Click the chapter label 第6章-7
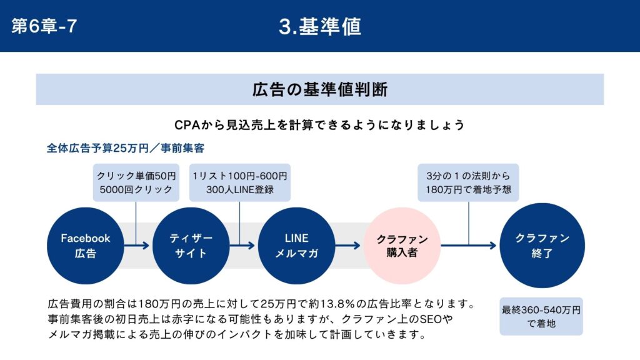pos(44,26)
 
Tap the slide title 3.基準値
pos(320,26)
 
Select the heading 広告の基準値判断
pos(320,90)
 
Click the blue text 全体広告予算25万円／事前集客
pos(126,148)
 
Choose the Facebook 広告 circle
pos(86,246)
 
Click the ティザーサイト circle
pos(191,246)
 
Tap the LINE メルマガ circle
pos(297,246)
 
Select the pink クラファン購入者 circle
pos(402,246)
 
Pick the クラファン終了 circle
pos(542,246)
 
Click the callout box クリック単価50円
pos(136,182)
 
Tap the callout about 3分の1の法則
pos(468,182)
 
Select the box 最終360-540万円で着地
pos(541,316)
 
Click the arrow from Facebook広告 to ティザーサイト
pos(137,245)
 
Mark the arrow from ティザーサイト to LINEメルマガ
pos(242,245)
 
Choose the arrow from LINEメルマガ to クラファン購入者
pos(348,245)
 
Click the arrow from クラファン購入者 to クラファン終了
pos(469,245)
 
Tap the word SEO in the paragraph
pos(431,319)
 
